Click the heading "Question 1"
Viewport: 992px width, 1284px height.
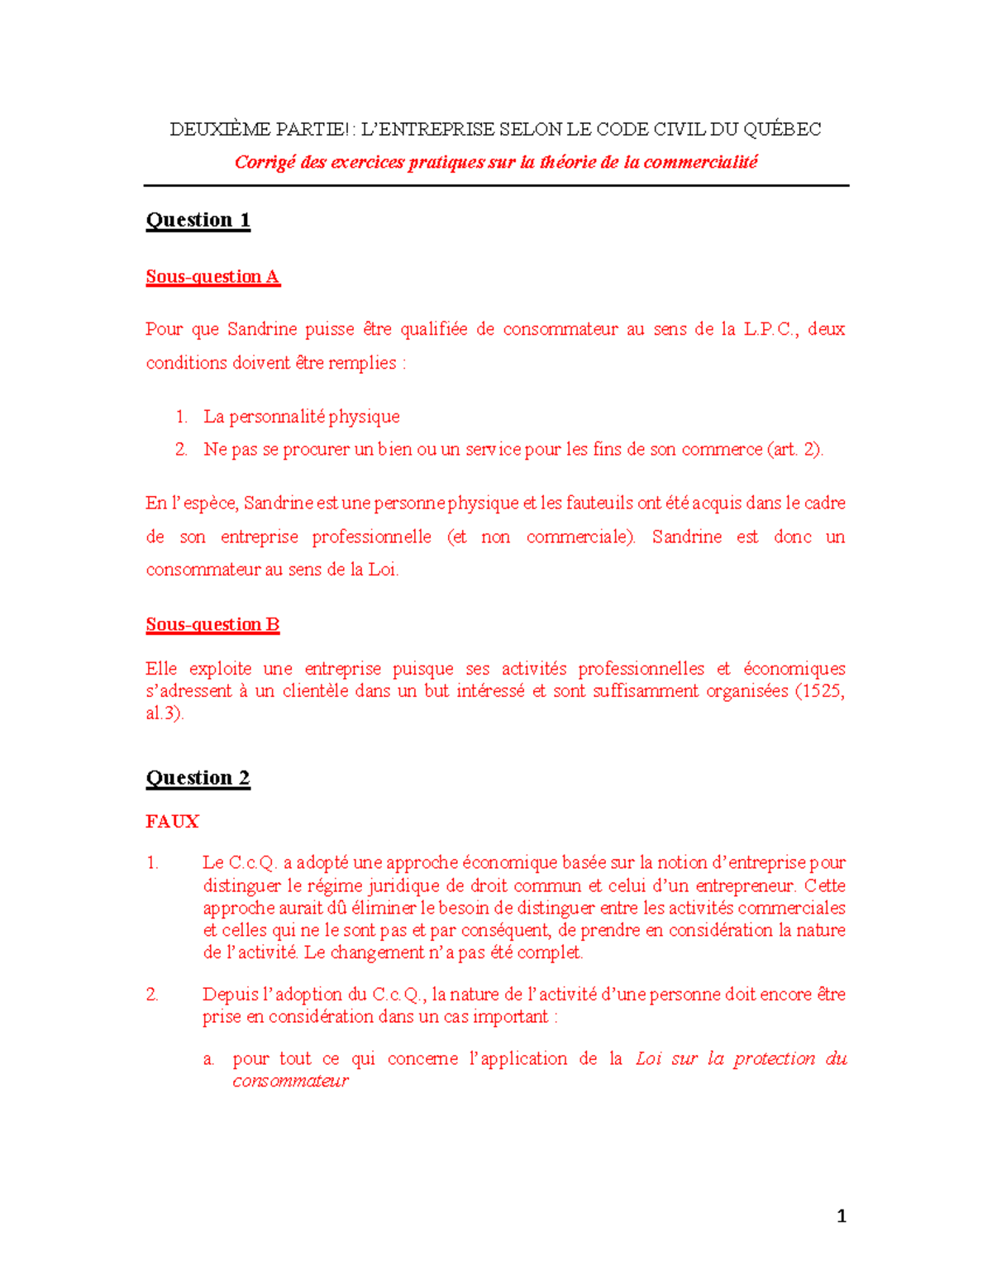point(198,220)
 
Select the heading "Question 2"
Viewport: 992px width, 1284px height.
point(198,778)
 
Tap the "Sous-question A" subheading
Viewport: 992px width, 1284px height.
point(213,277)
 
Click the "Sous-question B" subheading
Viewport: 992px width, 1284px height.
point(212,625)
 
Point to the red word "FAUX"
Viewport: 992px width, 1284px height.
point(172,822)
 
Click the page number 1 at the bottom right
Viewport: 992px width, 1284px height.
point(842,1216)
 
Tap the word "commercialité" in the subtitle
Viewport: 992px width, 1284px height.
point(700,162)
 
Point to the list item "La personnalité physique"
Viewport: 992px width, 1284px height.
point(301,417)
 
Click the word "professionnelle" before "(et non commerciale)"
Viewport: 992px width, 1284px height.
point(371,537)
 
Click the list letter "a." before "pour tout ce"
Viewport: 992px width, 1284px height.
point(208,1059)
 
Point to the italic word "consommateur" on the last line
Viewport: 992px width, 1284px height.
point(290,1081)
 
